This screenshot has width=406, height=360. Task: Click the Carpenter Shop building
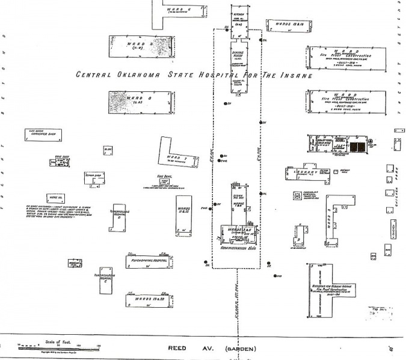click(x=44, y=136)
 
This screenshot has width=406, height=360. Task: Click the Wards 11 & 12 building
click(x=184, y=210)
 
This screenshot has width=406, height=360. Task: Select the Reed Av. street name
click(x=180, y=349)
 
